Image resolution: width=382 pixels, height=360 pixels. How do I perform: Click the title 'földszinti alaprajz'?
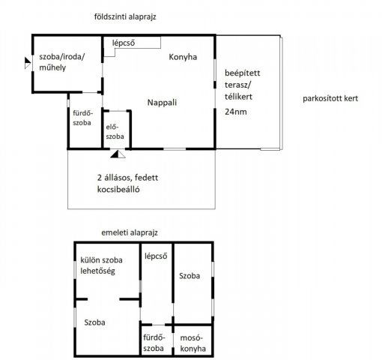coord(125,17)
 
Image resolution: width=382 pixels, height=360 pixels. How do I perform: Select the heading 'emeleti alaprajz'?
coord(130,232)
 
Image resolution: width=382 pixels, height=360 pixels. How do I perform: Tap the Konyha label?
coord(183,57)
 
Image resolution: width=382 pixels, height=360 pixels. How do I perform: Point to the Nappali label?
coord(162,103)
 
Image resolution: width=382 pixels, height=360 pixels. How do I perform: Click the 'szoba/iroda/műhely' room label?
coord(62,62)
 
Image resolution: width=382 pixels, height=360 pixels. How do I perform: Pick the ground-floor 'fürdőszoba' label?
coord(82,118)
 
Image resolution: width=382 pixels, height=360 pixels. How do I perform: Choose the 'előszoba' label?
coord(115,131)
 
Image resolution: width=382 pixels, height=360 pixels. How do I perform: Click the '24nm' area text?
coord(236,112)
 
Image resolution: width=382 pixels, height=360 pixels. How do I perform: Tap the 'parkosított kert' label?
coord(330,98)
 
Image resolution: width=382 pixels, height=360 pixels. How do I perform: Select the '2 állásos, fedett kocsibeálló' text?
coord(127,184)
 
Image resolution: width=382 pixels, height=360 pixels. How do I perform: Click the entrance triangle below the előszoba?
coord(118,154)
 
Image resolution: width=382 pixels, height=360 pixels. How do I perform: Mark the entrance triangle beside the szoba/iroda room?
coord(28,63)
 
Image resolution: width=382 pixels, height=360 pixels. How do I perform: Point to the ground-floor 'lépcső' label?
coord(124,43)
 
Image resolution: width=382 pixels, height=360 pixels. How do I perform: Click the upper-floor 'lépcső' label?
coord(156,256)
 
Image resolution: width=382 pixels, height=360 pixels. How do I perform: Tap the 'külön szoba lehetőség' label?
coord(101,265)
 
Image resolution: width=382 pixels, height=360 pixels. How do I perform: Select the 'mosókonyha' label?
coord(192,343)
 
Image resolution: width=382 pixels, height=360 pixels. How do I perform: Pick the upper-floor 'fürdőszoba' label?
coord(154,343)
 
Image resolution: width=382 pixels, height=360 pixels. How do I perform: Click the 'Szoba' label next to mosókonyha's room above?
coord(190,276)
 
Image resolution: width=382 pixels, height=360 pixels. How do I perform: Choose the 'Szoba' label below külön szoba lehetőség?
coord(94,322)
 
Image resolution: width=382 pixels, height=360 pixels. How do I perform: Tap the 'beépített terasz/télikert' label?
coord(242,85)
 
